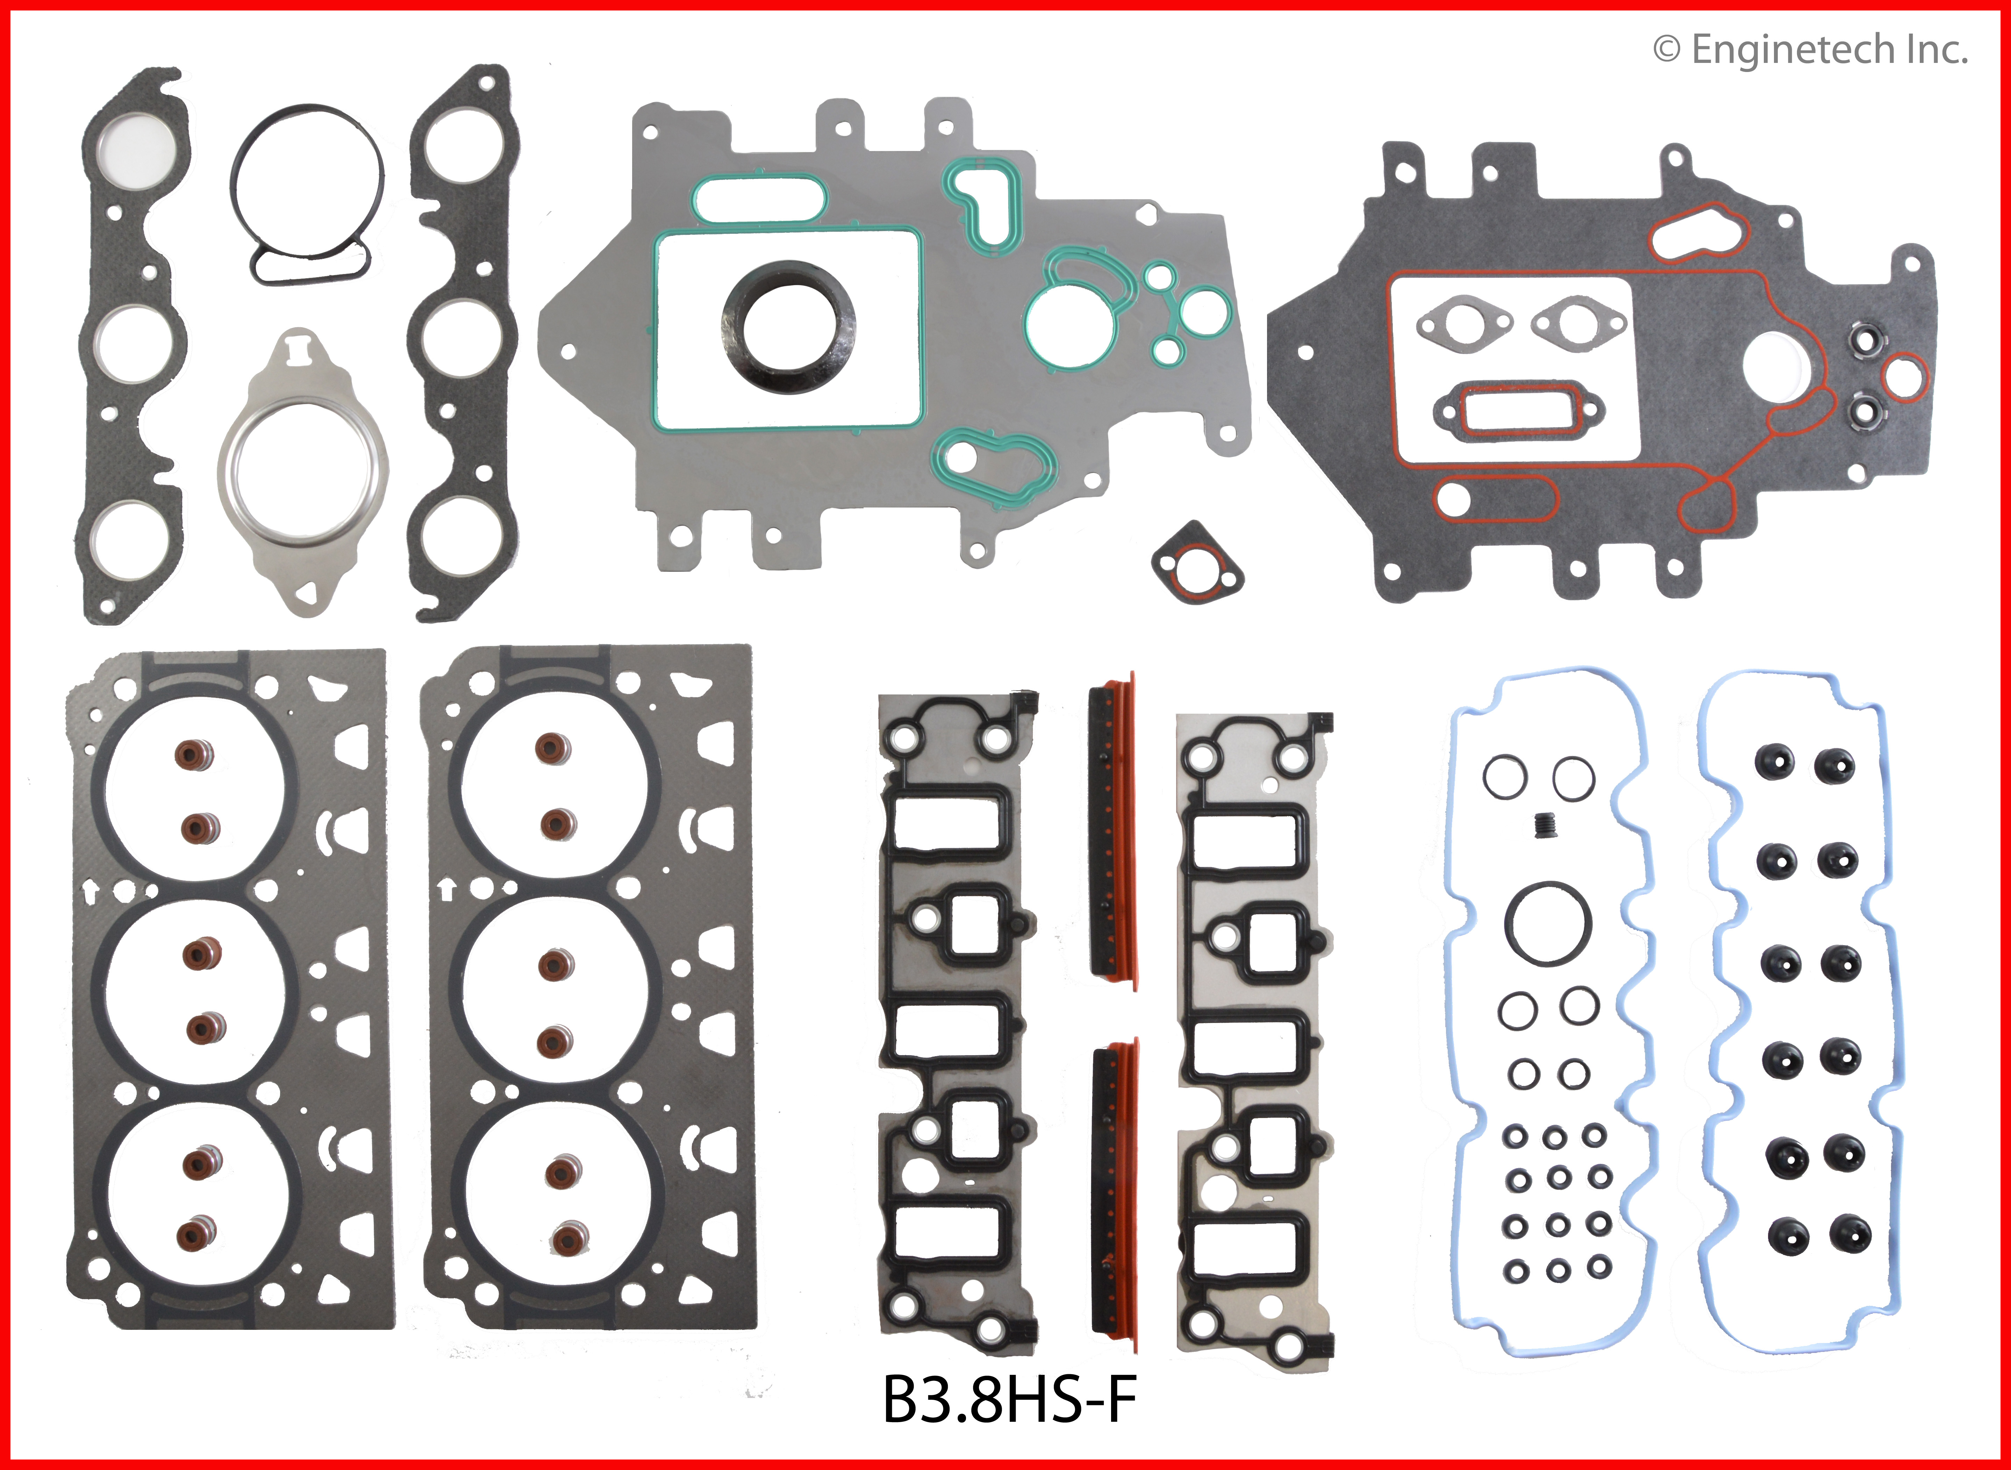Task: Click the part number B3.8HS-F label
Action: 1009,1400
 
